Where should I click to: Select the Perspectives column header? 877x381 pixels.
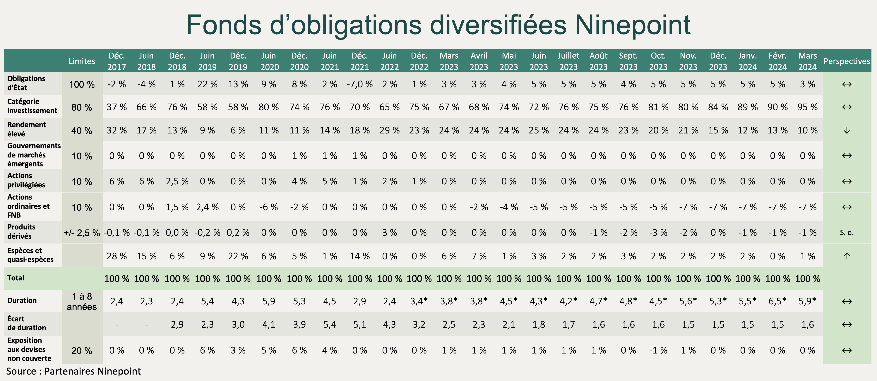click(x=846, y=61)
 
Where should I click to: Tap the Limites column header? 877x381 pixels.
click(x=82, y=61)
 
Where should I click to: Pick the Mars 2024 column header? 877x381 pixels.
click(x=807, y=61)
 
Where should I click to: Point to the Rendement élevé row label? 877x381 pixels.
click(x=27, y=129)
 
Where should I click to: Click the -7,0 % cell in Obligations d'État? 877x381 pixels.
click(x=359, y=84)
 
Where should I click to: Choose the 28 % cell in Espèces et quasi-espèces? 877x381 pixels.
click(x=117, y=256)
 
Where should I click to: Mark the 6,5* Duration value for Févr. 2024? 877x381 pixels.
click(x=777, y=301)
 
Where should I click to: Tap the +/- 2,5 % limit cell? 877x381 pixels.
click(x=82, y=233)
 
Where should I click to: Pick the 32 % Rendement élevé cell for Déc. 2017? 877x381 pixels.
click(x=117, y=130)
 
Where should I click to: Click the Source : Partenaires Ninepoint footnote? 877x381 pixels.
click(x=73, y=371)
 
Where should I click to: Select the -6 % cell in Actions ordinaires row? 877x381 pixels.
click(x=269, y=207)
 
